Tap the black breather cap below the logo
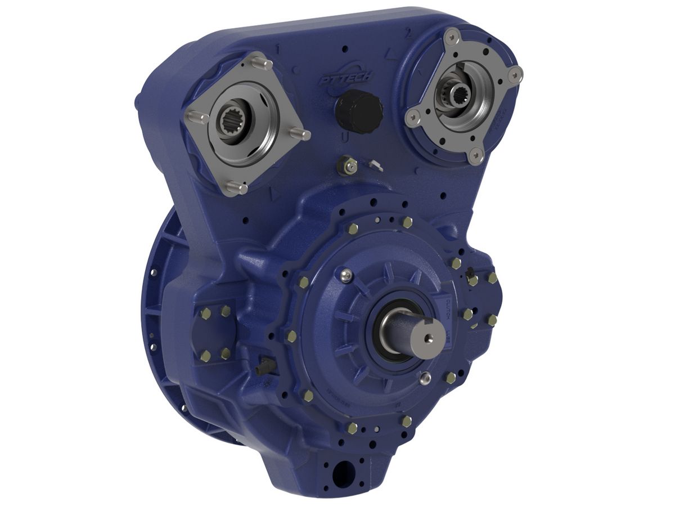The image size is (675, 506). (359, 112)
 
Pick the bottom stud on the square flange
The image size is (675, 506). (235, 188)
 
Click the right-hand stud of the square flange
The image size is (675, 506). (300, 135)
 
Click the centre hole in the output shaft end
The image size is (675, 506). (429, 338)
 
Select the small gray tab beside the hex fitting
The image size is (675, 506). (376, 165)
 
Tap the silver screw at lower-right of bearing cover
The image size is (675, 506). (426, 377)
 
